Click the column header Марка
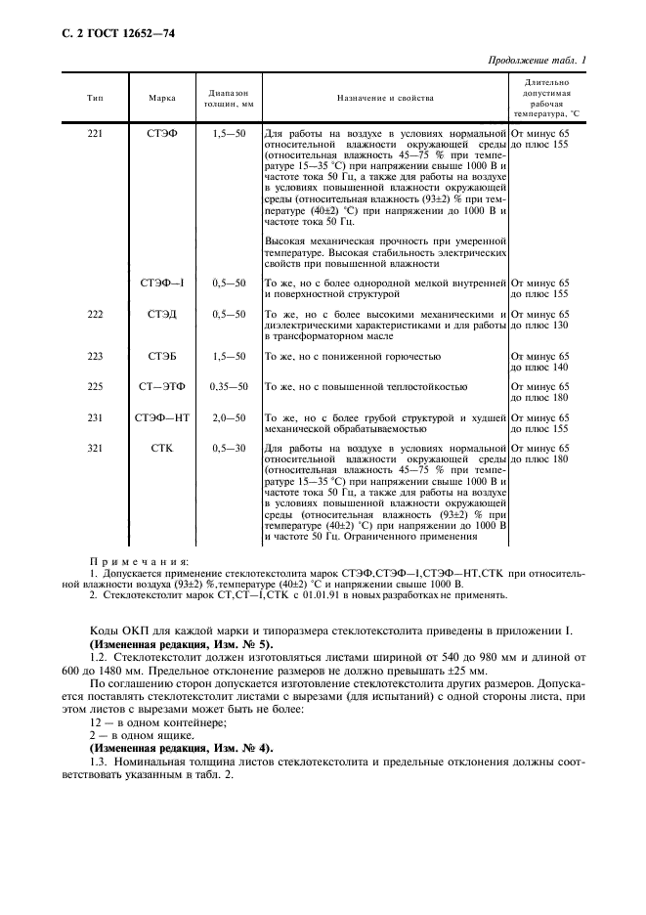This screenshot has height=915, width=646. [x=162, y=98]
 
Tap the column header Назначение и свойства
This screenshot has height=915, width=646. [x=385, y=98]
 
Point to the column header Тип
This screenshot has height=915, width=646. [x=95, y=98]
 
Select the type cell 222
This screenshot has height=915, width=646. [x=95, y=314]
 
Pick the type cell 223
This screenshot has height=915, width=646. [x=95, y=356]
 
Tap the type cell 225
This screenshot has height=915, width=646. [x=95, y=386]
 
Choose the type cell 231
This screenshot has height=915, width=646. [x=95, y=416]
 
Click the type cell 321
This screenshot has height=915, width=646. [x=95, y=447]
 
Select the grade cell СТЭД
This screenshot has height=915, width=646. [x=162, y=314]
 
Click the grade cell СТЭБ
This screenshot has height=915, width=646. [x=162, y=356]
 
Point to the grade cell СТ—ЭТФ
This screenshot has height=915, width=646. [x=162, y=386]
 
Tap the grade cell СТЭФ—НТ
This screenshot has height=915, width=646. [x=162, y=416]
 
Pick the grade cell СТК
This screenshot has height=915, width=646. [x=162, y=447]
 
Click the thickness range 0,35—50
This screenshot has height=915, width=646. [x=229, y=386]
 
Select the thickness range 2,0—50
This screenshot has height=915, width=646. [x=229, y=416]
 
